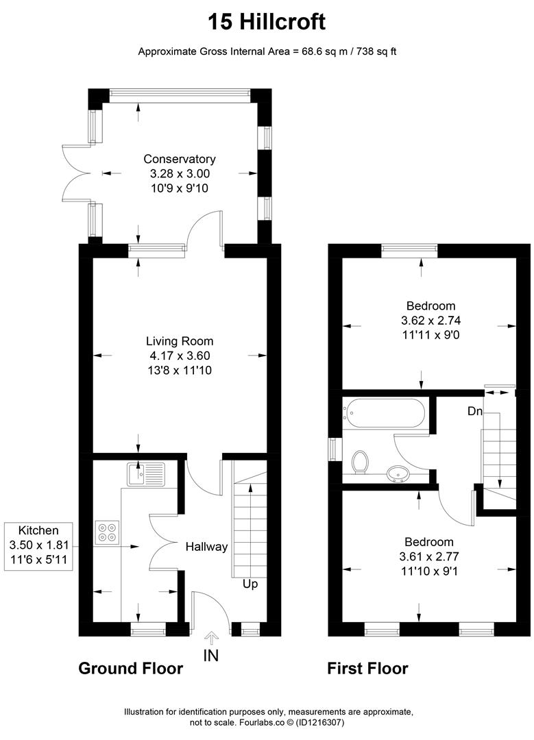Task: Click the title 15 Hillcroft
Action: [x=267, y=22]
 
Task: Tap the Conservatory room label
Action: [x=180, y=159]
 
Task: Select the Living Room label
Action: [x=180, y=341]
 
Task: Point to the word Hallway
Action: [x=206, y=547]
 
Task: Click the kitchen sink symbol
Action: [x=145, y=473]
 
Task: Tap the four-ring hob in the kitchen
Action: [x=107, y=532]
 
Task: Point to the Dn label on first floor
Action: [x=476, y=411]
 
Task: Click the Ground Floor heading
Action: [x=130, y=668]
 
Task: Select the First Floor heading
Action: [x=367, y=668]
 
